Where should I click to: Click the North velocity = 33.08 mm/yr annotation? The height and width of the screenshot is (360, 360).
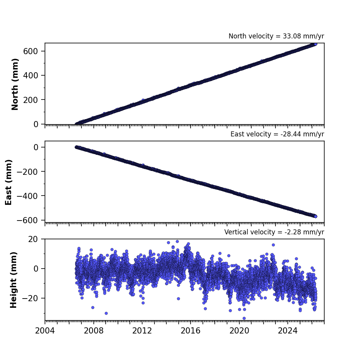(276, 36)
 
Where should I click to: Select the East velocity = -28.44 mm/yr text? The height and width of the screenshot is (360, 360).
(277, 134)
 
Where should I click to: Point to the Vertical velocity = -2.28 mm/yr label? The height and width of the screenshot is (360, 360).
(274, 232)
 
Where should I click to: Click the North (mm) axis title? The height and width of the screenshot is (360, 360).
(15, 84)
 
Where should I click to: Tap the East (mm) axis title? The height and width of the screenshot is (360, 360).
(8, 182)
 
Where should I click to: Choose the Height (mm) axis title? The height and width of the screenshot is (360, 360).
(13, 280)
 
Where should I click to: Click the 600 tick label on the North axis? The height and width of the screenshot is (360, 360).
(30, 51)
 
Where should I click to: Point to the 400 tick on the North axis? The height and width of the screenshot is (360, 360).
(30, 76)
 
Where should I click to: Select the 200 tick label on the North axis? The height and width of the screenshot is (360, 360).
(30, 100)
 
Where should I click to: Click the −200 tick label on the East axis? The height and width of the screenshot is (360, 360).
(27, 171)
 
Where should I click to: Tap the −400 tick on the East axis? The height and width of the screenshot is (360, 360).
(27, 196)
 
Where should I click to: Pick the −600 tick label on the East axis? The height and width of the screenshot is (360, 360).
(27, 220)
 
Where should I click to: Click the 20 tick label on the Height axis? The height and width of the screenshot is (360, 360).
(33, 239)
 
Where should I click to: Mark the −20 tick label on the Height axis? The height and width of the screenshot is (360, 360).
(30, 298)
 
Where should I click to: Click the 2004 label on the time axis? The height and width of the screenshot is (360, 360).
(45, 331)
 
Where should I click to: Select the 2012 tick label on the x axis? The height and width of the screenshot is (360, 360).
(142, 331)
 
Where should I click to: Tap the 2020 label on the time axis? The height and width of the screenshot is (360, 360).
(239, 331)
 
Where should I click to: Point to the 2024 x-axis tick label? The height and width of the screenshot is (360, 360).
(288, 331)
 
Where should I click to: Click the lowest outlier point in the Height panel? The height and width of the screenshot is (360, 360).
(244, 318)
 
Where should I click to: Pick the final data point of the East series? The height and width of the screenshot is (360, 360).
(315, 216)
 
